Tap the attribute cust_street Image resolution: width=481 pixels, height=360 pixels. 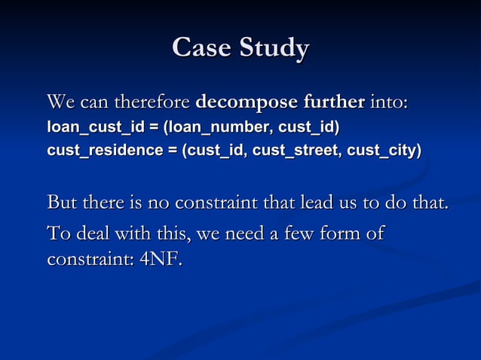tap(296, 151)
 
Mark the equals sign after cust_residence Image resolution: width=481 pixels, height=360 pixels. tap(172, 151)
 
